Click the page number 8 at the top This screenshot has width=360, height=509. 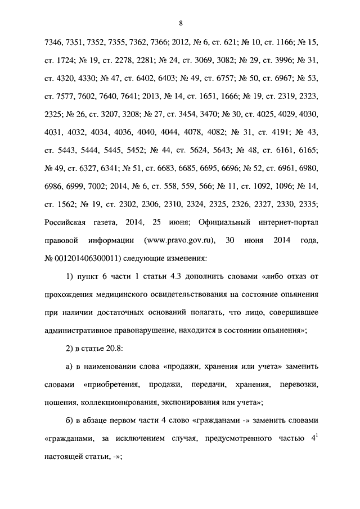[181, 23]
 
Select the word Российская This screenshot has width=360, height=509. [67, 222]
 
